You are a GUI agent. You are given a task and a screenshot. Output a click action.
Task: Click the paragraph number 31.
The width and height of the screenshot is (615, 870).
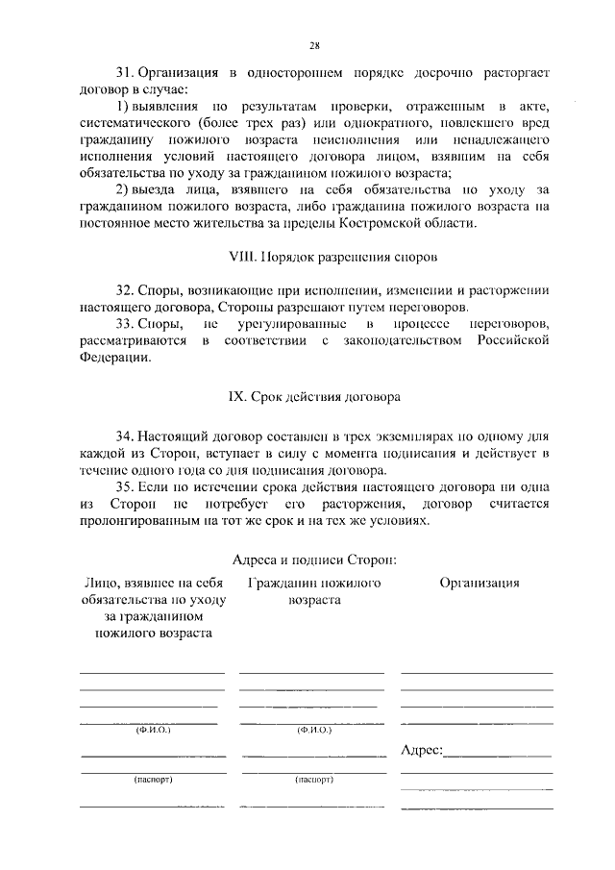point(124,72)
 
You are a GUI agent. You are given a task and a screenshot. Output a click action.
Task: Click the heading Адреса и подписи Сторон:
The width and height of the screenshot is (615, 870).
point(314,559)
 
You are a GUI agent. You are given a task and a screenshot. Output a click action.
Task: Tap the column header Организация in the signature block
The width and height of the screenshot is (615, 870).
point(480,583)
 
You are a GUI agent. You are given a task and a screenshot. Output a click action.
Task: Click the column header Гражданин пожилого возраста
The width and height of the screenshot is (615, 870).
point(313,590)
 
